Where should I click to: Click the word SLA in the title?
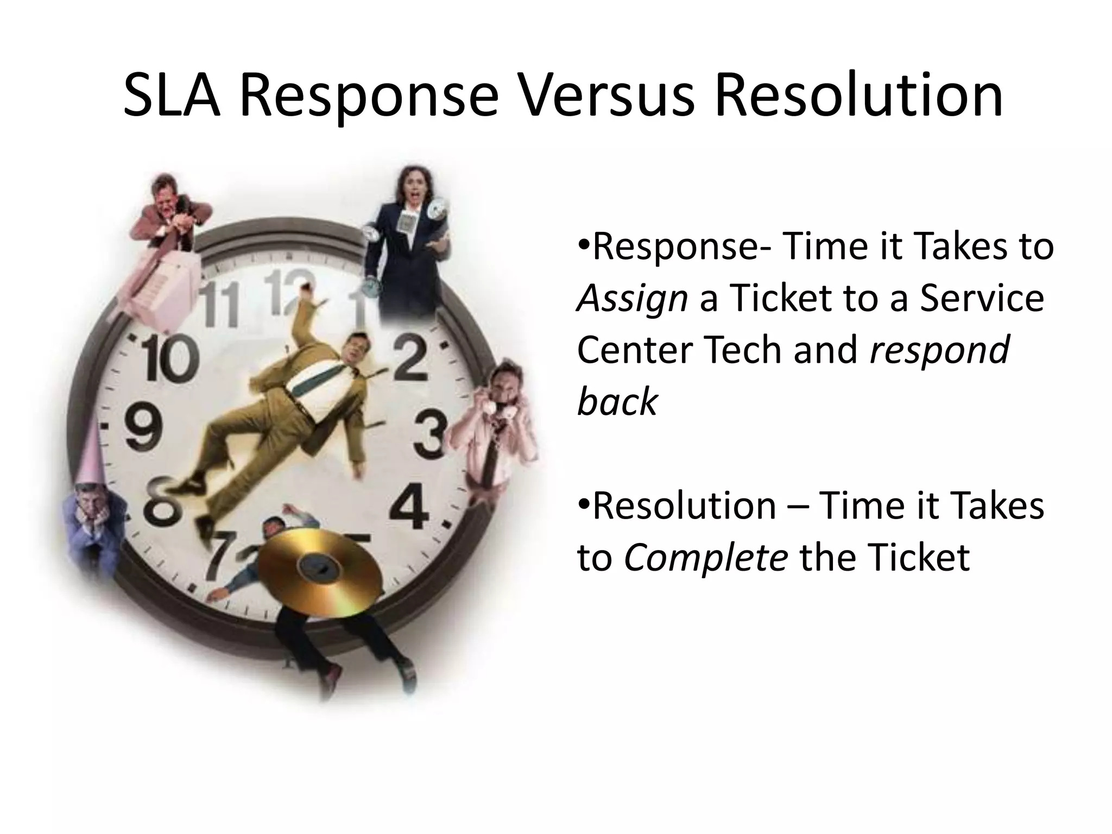[x=172, y=97]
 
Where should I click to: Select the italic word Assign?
[x=632, y=299]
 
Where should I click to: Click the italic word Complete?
[x=705, y=558]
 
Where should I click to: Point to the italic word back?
[x=617, y=402]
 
